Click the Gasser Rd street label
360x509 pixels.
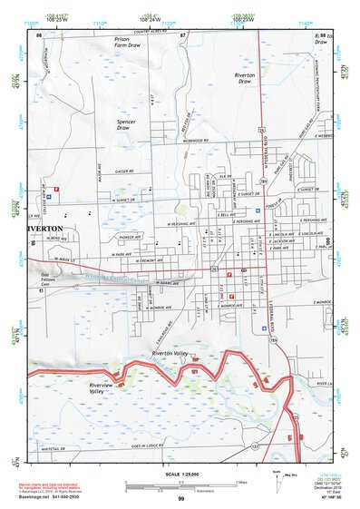[123, 171]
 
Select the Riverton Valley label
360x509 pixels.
[169, 352]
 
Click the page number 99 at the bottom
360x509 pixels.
[181, 499]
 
